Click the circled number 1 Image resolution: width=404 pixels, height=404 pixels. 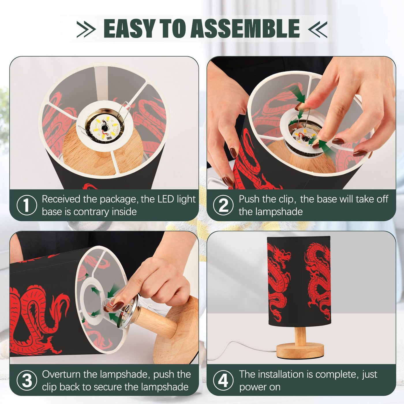(x=27, y=205)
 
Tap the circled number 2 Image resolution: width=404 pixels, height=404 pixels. (x=223, y=205)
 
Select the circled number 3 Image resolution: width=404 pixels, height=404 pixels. (x=27, y=381)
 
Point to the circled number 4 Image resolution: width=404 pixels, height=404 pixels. (x=223, y=381)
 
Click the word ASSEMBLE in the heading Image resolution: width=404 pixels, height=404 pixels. (x=245, y=28)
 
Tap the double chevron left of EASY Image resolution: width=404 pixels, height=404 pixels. (x=86, y=29)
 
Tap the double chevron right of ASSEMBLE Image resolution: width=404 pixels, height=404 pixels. (x=317, y=29)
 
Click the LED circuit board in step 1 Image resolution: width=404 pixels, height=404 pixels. (x=105, y=129)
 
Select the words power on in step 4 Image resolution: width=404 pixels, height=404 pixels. (x=260, y=387)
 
